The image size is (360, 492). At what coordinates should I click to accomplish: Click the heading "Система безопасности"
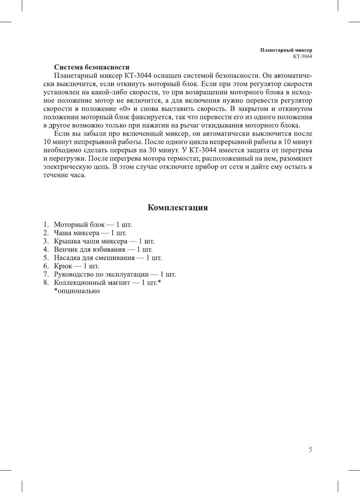tap(92, 67)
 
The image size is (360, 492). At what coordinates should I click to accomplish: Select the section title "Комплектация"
tap(177, 207)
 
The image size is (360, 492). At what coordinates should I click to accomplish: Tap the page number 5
tap(310, 449)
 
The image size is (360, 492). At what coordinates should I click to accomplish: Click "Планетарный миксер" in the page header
tap(286, 50)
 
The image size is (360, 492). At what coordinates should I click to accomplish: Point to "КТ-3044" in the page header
tap(302, 56)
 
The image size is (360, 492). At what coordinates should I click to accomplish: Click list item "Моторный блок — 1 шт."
tap(93, 225)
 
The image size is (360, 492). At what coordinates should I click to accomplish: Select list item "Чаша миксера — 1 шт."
tap(90, 233)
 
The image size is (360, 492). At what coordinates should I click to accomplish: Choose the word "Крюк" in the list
tap(63, 266)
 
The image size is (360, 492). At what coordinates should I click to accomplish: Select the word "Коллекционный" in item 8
tap(78, 283)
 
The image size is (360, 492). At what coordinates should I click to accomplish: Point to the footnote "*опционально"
tap(77, 291)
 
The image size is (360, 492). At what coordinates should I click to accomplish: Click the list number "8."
tap(46, 283)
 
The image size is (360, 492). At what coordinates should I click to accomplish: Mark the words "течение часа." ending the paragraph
tap(64, 175)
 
